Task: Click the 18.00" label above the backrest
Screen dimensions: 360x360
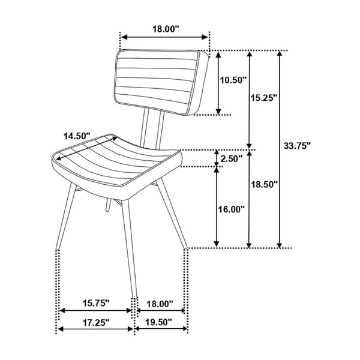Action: pyautogui.click(x=166, y=29)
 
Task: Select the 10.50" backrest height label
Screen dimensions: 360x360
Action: pyautogui.click(x=233, y=80)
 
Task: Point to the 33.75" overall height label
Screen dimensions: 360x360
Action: pyautogui.click(x=297, y=146)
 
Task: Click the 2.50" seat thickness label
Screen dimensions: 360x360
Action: pyautogui.click(x=232, y=158)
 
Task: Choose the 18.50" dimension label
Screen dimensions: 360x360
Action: pyautogui.click(x=264, y=184)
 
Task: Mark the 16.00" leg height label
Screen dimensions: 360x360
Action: pyautogui.click(x=231, y=209)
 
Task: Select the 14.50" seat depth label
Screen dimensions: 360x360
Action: pyautogui.click(x=77, y=136)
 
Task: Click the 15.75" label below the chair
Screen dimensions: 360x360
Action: pyautogui.click(x=96, y=303)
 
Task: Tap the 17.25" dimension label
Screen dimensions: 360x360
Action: pyautogui.click(x=96, y=322)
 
